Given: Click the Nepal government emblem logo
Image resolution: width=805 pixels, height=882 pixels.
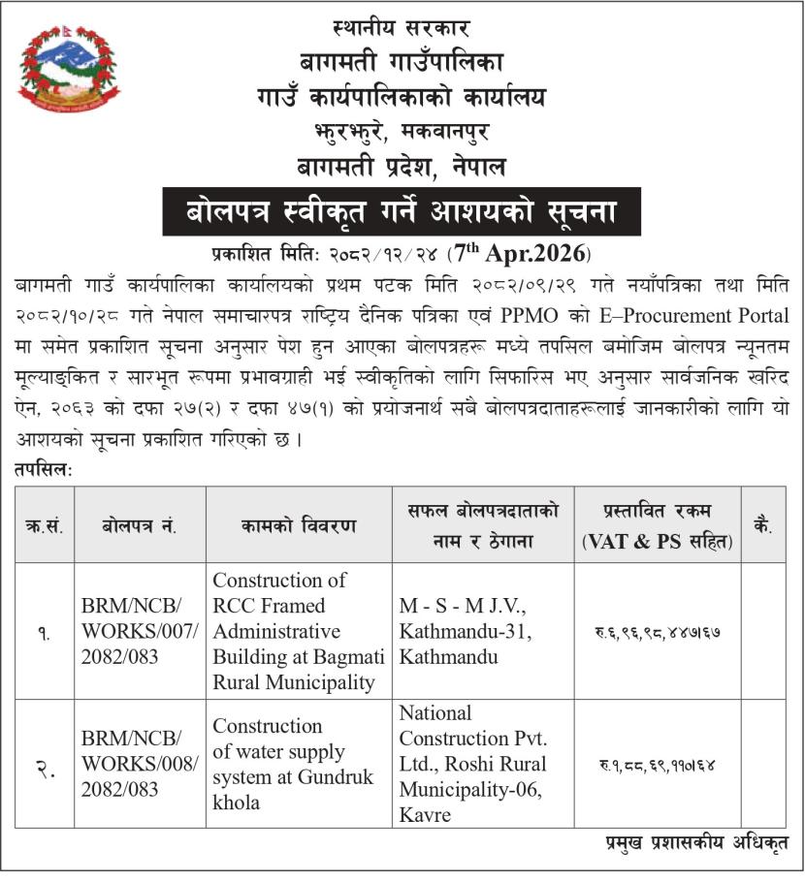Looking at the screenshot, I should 69,69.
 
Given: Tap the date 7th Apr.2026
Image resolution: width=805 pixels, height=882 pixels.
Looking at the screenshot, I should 520,256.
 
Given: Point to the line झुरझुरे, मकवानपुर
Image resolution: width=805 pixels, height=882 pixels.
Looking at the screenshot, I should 402,132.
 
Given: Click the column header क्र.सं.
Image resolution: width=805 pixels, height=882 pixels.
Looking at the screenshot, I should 45,526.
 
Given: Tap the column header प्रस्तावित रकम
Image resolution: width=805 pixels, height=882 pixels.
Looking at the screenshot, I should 657,526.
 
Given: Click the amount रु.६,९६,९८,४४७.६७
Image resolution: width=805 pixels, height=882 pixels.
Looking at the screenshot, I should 657,632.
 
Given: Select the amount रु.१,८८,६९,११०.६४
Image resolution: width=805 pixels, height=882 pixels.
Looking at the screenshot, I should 657,765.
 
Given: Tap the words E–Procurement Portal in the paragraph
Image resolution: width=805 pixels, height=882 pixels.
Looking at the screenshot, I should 695,318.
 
